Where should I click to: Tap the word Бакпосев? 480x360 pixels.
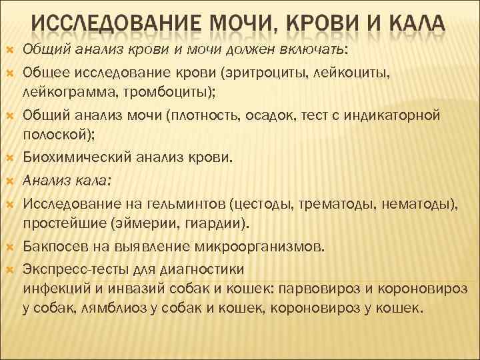53,247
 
